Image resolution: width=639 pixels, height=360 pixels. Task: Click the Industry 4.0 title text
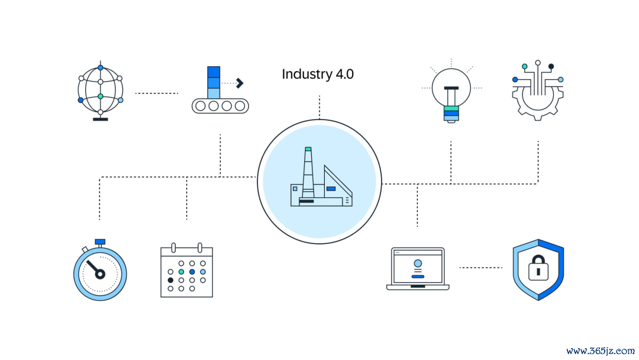(x=318, y=74)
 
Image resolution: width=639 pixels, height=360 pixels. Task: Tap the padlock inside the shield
(x=538, y=268)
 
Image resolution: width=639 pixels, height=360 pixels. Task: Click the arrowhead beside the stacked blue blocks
(x=240, y=83)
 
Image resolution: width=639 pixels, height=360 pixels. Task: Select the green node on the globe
(x=100, y=97)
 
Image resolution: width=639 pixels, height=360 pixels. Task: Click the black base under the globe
(x=100, y=120)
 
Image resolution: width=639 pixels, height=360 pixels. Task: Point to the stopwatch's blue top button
(x=100, y=242)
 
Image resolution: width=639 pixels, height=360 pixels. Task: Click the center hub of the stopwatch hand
(x=100, y=274)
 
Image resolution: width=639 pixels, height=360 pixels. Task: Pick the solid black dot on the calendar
(x=170, y=280)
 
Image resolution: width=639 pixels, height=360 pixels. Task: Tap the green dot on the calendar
(x=182, y=272)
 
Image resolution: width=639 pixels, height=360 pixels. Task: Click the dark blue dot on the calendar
(x=192, y=272)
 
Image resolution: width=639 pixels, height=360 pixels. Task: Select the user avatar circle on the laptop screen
(x=418, y=263)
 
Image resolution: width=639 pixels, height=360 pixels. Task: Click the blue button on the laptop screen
(x=418, y=277)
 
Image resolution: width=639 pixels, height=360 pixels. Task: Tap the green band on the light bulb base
(x=451, y=108)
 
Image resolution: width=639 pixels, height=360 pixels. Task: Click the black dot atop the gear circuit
(x=551, y=66)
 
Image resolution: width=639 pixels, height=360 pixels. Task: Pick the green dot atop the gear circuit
(x=524, y=66)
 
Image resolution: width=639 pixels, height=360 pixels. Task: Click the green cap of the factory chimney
(x=308, y=149)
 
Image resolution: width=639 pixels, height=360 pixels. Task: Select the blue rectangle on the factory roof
(x=331, y=189)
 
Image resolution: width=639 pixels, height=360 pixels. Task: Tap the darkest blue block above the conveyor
(x=214, y=72)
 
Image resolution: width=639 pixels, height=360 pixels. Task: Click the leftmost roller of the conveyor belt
(x=200, y=106)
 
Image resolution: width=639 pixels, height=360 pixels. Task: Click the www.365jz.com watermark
(x=601, y=351)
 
